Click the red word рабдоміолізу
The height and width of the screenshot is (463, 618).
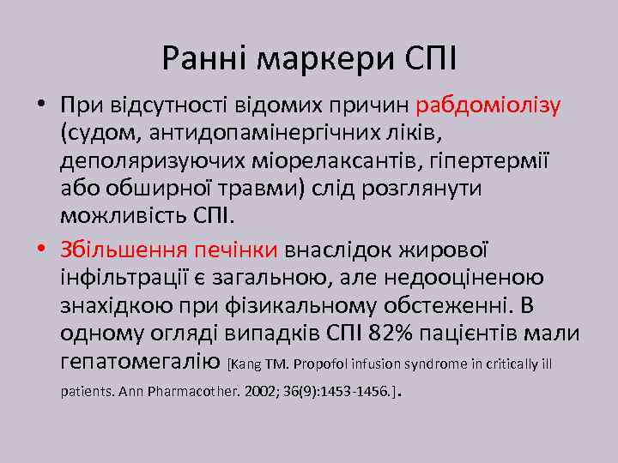[x=488, y=106]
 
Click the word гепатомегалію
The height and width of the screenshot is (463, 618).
[x=141, y=361]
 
